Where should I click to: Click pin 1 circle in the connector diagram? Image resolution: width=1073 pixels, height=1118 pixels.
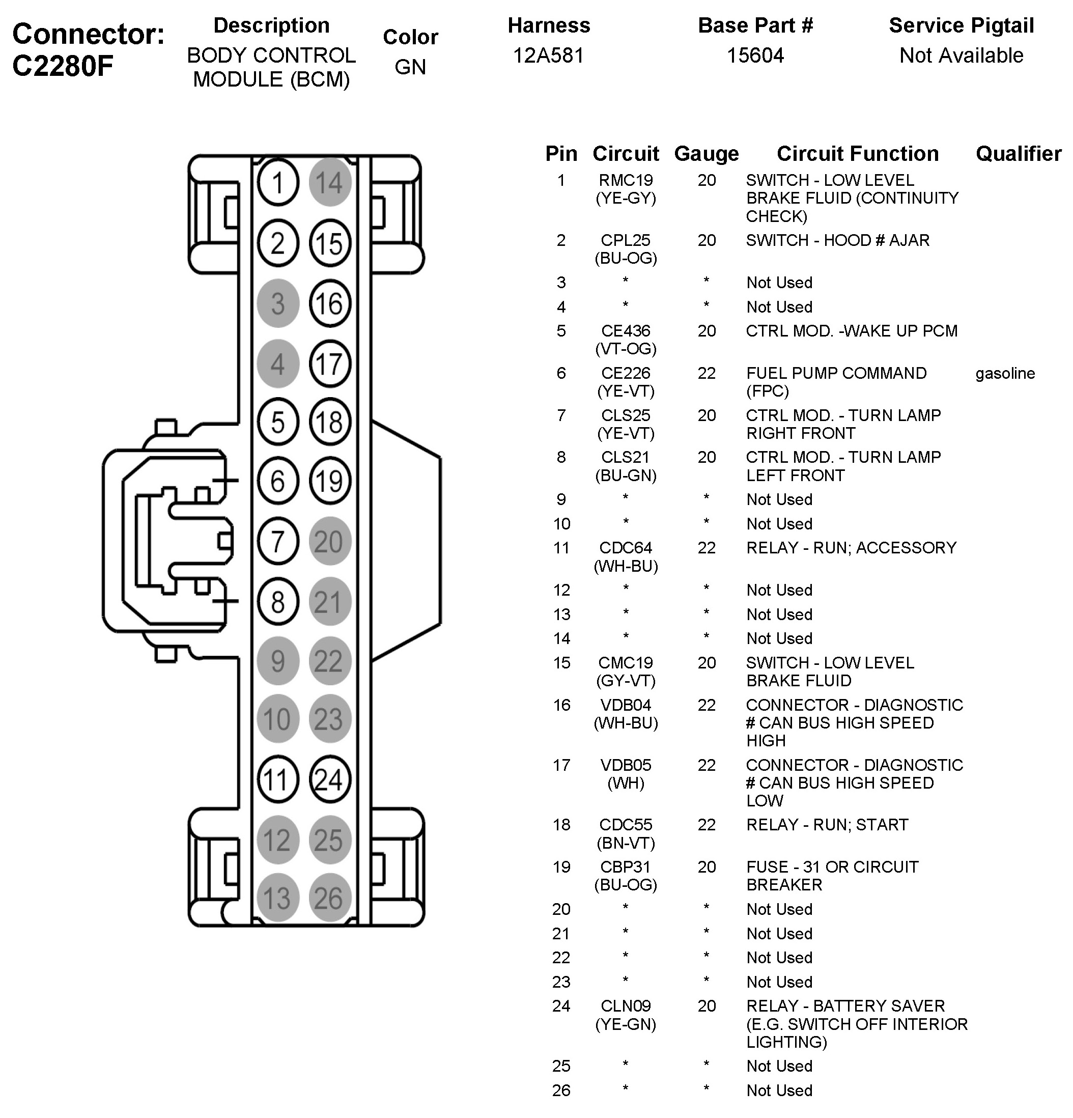click(278, 183)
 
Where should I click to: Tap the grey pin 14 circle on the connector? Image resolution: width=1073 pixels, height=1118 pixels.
click(329, 183)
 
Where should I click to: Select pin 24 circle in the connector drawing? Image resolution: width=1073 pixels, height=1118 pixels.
click(329, 779)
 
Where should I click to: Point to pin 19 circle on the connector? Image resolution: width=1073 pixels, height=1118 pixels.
click(329, 481)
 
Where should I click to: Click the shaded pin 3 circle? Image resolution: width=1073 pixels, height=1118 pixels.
click(278, 303)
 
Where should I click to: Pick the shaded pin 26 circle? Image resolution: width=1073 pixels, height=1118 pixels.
click(329, 898)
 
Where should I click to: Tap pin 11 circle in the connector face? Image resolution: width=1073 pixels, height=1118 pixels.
click(278, 779)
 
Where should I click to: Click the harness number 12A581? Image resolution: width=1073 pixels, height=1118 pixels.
click(548, 55)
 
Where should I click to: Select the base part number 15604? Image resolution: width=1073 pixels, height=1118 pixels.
click(755, 55)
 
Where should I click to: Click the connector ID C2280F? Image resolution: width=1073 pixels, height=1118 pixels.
click(63, 66)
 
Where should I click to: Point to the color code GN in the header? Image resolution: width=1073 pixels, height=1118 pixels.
click(410, 67)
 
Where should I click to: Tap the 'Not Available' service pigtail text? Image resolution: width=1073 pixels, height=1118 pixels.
click(961, 55)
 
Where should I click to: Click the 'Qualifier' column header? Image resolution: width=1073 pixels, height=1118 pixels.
click(1018, 153)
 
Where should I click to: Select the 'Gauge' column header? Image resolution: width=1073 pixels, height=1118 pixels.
click(706, 153)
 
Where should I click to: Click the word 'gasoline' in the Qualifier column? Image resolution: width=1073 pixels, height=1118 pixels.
click(1005, 373)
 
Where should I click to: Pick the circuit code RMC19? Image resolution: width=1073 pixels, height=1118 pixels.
click(626, 180)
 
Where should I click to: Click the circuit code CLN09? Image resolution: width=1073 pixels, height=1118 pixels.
click(626, 1005)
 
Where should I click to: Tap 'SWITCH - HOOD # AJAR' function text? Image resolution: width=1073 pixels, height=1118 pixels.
click(837, 240)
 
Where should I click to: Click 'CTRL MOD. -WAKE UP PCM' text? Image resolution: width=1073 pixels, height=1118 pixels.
click(852, 331)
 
